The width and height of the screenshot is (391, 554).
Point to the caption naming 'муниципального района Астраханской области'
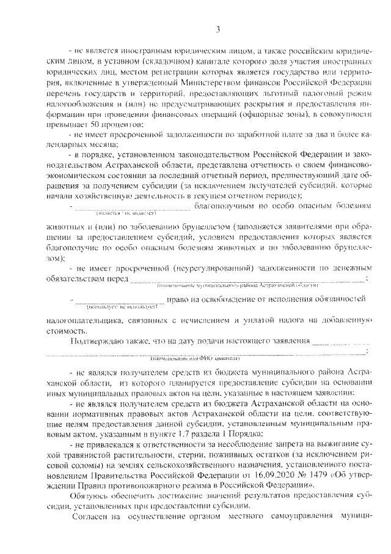coord(238,285)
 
